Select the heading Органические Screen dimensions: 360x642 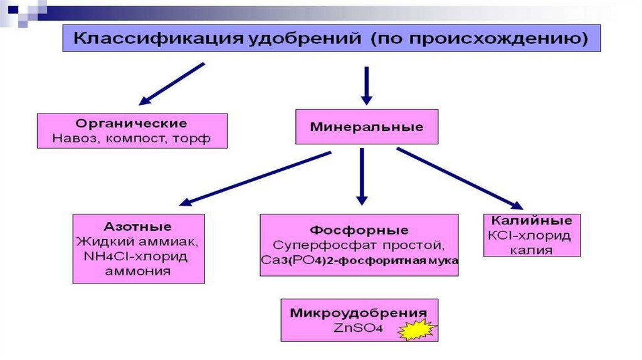132,123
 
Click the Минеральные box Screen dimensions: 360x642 367,127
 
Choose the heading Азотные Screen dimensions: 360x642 139,226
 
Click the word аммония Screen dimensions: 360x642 139,272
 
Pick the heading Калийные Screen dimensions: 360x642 532,221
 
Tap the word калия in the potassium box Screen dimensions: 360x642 532,250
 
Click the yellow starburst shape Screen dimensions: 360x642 419,329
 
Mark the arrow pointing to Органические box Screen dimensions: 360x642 171,83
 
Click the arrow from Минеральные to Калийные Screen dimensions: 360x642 459,178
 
